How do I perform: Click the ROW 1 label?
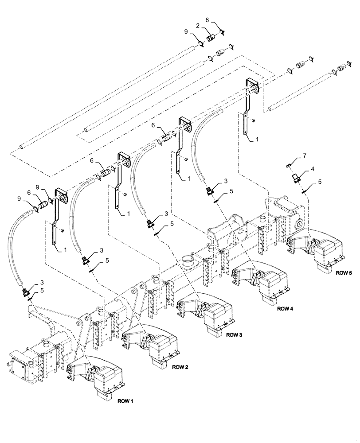coord(125,401)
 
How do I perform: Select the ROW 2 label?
coord(180,367)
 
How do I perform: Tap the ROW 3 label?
coord(233,335)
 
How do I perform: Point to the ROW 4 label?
coord(285,308)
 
